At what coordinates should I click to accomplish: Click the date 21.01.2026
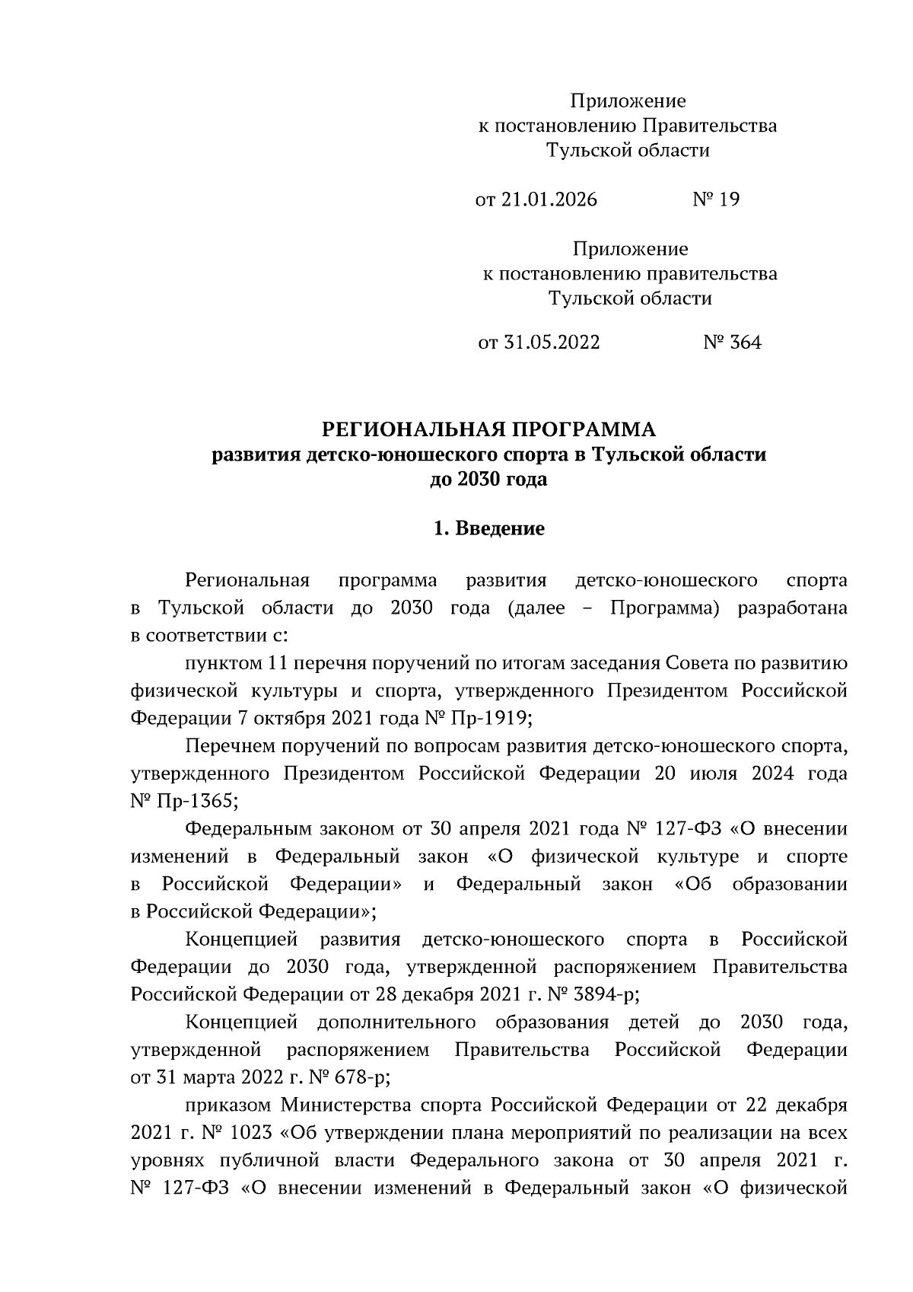point(549,200)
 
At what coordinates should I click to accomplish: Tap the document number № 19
point(716,200)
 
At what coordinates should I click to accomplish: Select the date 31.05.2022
point(552,343)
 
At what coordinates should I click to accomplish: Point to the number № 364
point(732,343)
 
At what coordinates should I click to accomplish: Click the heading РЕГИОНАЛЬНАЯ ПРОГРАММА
point(488,430)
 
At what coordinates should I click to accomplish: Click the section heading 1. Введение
point(488,528)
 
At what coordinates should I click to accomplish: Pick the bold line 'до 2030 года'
point(488,480)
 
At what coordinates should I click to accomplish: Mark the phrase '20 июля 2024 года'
point(751,774)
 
